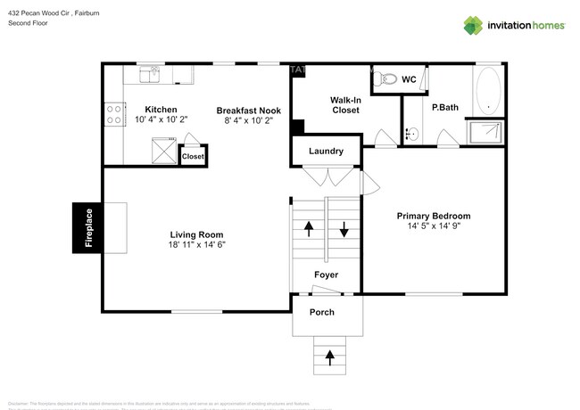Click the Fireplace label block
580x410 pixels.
(88, 228)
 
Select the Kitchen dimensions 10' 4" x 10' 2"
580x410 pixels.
(162, 119)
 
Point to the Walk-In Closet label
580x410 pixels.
(344, 105)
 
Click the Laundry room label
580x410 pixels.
(326, 152)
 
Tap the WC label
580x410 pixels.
(409, 80)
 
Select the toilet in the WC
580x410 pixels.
(385, 79)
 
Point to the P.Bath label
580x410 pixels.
(444, 108)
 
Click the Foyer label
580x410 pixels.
(327, 275)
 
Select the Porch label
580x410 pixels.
(321, 313)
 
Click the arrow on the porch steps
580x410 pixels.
(329, 358)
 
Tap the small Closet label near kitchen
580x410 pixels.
(193, 156)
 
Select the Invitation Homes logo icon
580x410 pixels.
(473, 25)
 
